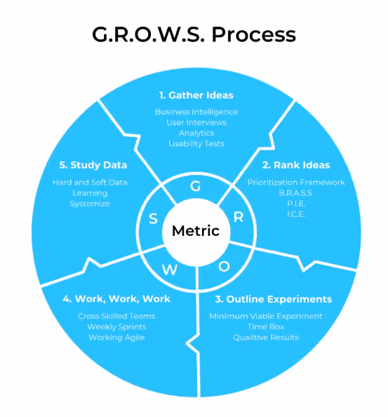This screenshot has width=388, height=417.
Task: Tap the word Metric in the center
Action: pos(196,231)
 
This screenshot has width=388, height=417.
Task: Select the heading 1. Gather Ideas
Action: pos(196,95)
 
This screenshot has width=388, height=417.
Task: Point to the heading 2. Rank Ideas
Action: pos(295,166)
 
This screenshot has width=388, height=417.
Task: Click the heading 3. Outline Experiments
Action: pos(270,299)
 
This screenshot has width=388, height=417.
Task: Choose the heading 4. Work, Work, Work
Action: pos(116,299)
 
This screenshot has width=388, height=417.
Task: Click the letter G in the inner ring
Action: pos(195,187)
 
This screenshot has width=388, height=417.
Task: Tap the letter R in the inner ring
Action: pos(238,217)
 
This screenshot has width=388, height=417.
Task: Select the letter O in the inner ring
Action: pos(224,265)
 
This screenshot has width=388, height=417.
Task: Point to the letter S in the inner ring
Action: pos(153,219)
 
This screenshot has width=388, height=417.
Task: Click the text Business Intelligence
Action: pos(196,112)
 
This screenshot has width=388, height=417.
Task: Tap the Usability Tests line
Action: pos(196,143)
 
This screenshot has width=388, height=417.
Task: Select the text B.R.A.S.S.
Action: pos(295,193)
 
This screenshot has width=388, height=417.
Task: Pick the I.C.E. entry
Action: pos(295,214)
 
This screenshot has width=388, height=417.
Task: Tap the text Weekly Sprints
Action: pos(116,326)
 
